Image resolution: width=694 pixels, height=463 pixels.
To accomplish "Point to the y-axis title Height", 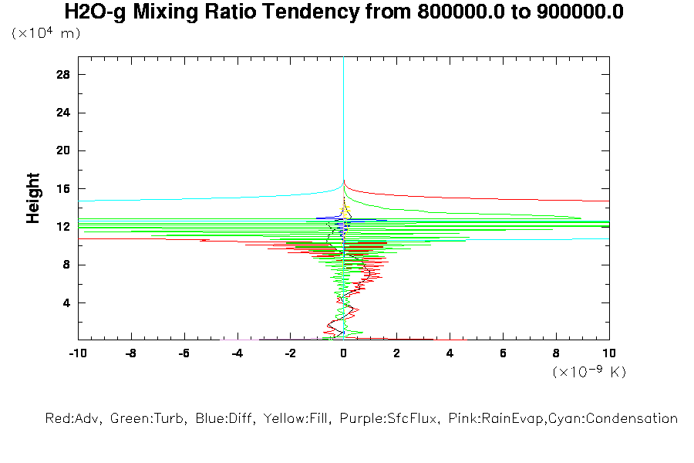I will (33, 198).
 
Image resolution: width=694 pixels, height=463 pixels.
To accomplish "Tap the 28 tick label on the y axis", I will (63, 74).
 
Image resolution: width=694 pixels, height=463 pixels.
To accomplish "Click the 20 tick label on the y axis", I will (63, 150).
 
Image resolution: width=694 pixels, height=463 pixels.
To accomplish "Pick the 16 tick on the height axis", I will (63, 188).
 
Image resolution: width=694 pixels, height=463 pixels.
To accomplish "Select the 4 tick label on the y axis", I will (66, 302).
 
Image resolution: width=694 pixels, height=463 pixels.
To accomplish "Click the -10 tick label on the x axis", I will (77, 353).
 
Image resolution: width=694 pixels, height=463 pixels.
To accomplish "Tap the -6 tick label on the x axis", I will (184, 353).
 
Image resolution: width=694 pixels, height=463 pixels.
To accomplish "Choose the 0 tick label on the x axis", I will (343, 353).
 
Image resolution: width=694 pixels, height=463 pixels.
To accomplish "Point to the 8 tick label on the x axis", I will (556, 353).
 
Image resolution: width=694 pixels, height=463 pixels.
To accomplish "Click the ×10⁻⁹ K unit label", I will (589, 372).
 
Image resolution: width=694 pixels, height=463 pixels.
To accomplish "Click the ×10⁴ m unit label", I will (45, 33).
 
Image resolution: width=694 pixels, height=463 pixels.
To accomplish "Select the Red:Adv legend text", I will (74, 419).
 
